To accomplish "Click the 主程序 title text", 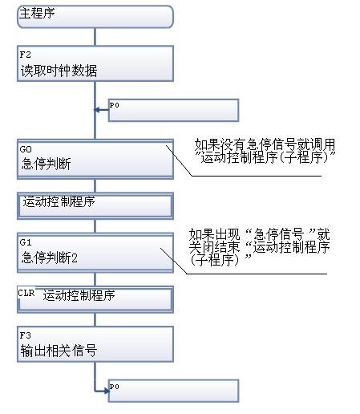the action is pos(37,13).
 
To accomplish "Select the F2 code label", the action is pos(26,55).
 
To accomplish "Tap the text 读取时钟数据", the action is pos(59,71).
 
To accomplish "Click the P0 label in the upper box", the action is pos(114,105).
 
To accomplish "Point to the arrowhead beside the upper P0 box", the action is pos(97,110).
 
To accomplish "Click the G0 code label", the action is pos(26,149).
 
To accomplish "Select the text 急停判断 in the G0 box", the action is pos(46,164).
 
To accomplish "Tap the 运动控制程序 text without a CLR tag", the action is pos(59,201).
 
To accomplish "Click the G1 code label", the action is pos(26,242).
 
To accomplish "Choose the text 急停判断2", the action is pos(50,258).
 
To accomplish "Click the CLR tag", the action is pos(26,293).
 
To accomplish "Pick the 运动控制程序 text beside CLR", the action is pos(79,295).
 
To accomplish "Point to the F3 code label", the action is pos(26,335).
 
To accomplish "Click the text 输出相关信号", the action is pos(59,351).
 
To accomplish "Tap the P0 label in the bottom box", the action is pos(114,387).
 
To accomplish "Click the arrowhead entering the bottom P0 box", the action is pos(107,391).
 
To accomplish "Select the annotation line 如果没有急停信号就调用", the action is pos(265,144).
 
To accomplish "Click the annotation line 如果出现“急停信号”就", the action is pos(260,234).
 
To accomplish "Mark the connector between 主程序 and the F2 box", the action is pos(95,37).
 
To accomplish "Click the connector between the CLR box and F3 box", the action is pos(95,319).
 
